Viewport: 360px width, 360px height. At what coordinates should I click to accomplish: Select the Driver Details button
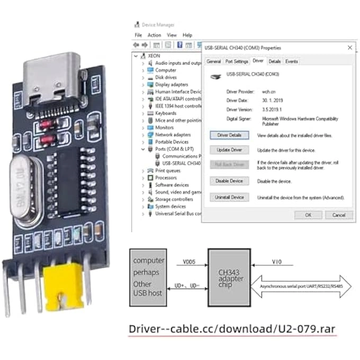229,136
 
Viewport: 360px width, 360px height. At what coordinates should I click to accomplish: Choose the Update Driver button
229,150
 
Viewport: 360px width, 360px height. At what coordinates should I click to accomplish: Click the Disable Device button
229,181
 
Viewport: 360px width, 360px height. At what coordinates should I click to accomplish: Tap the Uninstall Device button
229,197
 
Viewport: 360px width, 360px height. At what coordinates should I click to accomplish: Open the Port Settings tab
237,61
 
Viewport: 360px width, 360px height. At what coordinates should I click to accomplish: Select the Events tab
292,61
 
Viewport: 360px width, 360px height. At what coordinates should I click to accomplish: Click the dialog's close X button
349,48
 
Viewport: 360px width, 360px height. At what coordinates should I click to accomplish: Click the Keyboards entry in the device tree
165,113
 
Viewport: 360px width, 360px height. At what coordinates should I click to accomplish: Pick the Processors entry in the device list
166,178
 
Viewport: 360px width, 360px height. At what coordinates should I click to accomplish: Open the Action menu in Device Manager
154,35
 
